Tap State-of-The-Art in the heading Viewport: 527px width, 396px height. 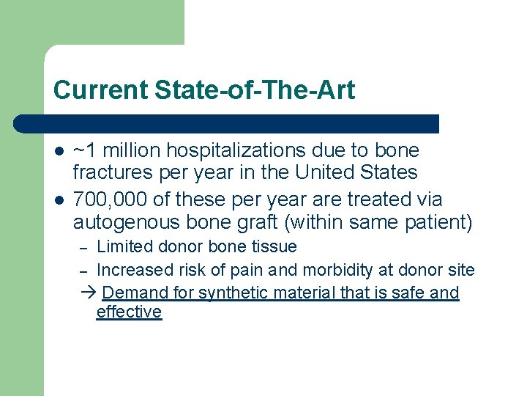pos(255,90)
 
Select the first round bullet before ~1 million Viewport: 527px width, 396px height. pos(58,153)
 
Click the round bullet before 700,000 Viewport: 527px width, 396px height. pos(58,200)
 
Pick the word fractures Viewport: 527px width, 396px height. pos(111,173)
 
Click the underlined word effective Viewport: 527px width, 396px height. pos(129,312)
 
